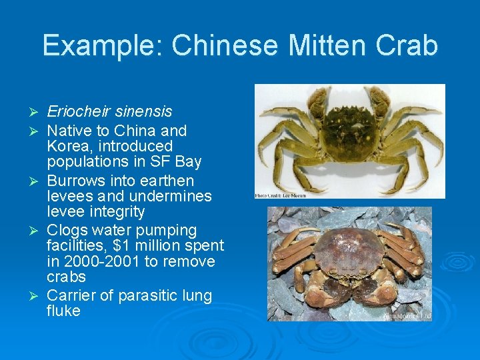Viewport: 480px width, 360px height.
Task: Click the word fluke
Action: pos(63,311)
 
